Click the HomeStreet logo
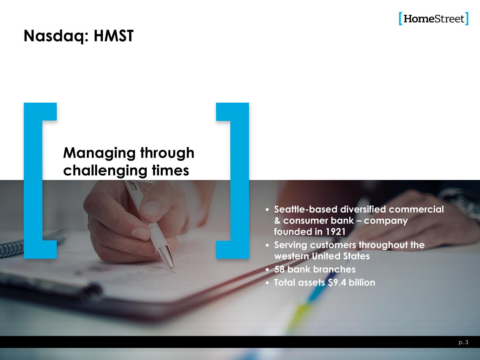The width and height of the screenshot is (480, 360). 434,19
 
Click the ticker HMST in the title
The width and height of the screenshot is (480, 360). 114,36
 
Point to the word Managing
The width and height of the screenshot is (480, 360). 100,153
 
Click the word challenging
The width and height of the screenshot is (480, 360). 105,171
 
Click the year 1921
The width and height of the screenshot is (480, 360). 335,232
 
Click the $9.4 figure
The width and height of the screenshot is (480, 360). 337,283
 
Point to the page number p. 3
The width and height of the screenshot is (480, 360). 463,342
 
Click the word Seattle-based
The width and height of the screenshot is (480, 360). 306,210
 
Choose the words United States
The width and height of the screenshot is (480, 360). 341,256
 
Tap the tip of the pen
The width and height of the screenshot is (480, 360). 174,272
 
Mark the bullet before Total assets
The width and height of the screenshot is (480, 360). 267,283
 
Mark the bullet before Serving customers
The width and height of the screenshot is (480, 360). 267,245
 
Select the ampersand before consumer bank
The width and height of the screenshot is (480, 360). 277,220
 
